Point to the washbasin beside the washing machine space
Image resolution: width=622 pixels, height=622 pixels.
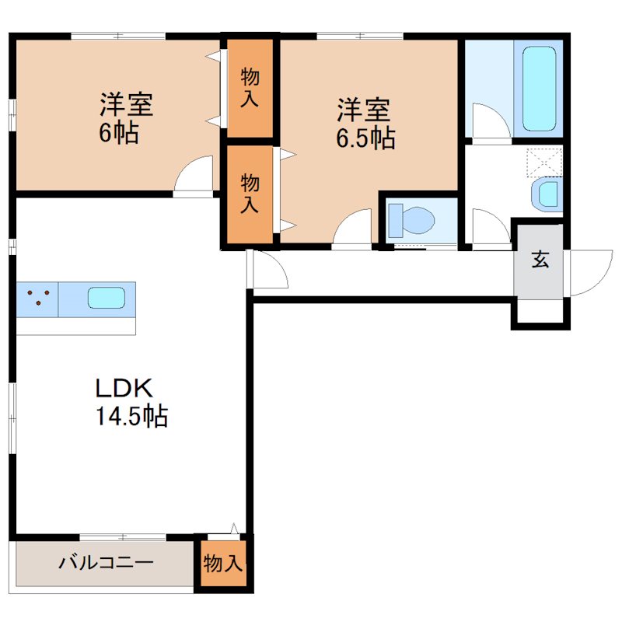[x=547, y=194]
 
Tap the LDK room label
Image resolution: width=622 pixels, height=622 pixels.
[x=127, y=387]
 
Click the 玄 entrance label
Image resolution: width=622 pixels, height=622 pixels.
[x=540, y=260]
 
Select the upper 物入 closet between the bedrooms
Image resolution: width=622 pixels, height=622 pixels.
[x=250, y=86]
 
